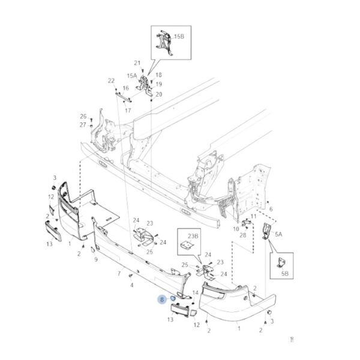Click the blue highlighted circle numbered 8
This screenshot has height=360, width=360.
pos(161,298)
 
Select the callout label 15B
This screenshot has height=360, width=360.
pos(179,37)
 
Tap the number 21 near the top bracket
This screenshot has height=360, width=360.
pos(137,63)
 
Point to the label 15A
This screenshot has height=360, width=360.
pos(131,76)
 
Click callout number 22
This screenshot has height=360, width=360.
pos(111,80)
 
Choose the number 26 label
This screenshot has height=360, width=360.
pos(83,116)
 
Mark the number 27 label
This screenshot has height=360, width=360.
pos(83,124)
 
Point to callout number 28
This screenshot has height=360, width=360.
pos(243,235)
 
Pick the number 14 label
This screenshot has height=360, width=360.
pos(194,292)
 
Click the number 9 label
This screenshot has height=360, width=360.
pos(95,259)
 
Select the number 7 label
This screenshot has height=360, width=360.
pos(119,274)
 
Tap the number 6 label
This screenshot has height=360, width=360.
pos(271,209)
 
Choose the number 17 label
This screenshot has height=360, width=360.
pos(128,110)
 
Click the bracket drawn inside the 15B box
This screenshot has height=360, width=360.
pos(163,43)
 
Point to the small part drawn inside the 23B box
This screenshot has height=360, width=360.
pos(187,246)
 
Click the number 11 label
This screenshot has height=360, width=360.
pos(254,215)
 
